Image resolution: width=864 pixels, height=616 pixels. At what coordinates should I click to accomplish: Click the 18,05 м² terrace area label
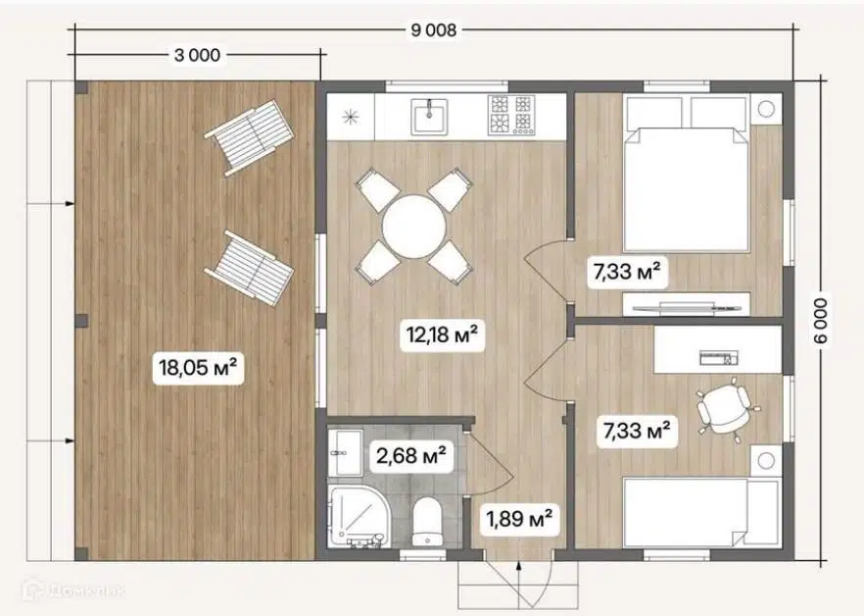[198, 367]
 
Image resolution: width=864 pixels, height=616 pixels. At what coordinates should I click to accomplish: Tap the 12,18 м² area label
[442, 334]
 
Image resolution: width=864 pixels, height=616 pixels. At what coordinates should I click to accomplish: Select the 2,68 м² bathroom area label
[411, 456]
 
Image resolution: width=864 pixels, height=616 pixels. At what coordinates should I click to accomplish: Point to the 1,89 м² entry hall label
[519, 518]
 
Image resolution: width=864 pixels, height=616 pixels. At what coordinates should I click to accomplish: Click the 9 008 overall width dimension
[434, 29]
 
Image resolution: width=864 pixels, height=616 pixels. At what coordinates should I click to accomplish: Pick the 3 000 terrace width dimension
[197, 55]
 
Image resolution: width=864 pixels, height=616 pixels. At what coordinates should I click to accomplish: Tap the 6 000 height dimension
[820, 322]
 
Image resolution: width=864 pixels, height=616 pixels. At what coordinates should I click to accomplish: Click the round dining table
[413, 227]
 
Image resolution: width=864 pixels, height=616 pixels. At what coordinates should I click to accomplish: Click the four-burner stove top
[510, 115]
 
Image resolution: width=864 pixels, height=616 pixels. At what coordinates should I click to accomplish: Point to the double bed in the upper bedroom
[686, 174]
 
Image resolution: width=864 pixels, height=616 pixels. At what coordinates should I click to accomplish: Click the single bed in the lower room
[702, 513]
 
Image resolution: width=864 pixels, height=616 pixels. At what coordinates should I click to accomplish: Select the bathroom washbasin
[346, 452]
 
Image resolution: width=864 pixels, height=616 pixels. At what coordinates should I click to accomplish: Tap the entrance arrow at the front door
[518, 583]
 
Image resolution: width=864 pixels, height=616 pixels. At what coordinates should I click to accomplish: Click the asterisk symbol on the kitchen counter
[350, 117]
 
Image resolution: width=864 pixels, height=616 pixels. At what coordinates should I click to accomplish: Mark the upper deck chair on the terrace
[250, 137]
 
